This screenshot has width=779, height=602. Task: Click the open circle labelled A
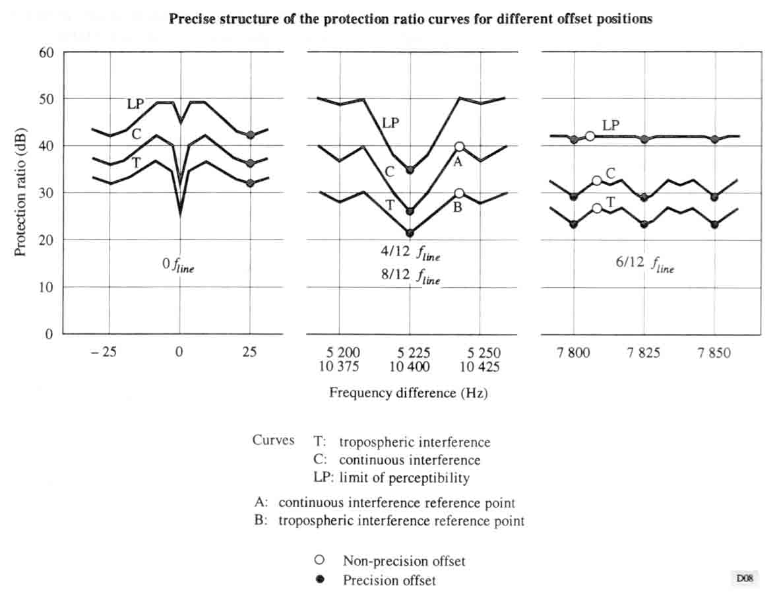coord(459,147)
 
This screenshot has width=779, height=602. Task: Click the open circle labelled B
coord(459,193)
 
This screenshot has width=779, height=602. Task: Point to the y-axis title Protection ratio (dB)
coord(20,191)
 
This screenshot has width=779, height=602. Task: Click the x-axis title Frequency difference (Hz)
coord(408,393)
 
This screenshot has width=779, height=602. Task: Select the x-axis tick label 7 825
coord(644,354)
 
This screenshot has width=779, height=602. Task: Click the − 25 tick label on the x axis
coord(104,352)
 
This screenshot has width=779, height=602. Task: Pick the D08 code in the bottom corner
coord(745,578)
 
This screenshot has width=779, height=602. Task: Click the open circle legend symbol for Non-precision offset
coord(320,560)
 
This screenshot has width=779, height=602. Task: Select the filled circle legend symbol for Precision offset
coord(320,580)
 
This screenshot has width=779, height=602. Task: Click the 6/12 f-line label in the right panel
coord(645,265)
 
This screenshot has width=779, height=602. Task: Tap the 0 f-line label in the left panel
coord(179,265)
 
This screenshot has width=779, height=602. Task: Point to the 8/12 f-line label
coord(410,277)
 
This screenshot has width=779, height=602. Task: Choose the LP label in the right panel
coord(611,125)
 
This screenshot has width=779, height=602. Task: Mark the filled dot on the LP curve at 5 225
coord(410,170)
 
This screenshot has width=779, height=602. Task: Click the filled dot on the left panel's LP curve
coord(250,135)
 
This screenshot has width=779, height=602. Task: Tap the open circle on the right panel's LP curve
coord(590,136)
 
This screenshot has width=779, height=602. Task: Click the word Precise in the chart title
coord(189,18)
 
